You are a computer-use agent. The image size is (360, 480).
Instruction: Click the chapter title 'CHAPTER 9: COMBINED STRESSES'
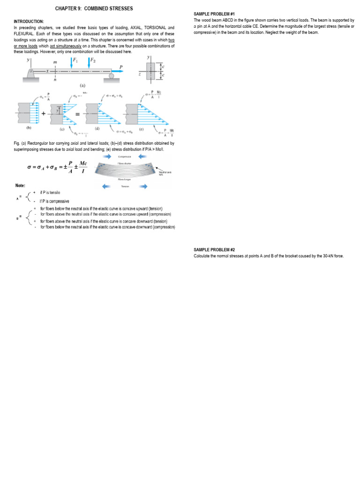click(x=94, y=8)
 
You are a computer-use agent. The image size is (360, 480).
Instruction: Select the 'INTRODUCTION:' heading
click(x=29, y=22)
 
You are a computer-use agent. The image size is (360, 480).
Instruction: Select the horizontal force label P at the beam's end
click(x=121, y=67)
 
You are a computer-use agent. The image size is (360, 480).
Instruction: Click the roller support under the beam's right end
click(x=111, y=75)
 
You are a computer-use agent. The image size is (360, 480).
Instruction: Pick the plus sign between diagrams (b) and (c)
click(x=44, y=113)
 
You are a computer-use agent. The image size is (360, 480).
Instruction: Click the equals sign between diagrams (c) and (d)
click(x=77, y=113)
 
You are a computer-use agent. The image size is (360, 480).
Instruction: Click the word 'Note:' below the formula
click(x=20, y=186)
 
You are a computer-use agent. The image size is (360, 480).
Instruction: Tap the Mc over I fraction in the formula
click(x=82, y=166)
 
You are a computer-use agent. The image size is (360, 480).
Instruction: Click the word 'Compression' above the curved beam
click(x=124, y=157)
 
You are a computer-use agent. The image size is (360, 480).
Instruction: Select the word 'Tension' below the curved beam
click(x=124, y=186)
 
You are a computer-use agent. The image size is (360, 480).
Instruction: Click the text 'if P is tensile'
click(x=50, y=193)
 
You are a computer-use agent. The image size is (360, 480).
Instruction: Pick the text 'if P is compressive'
click(x=54, y=201)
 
